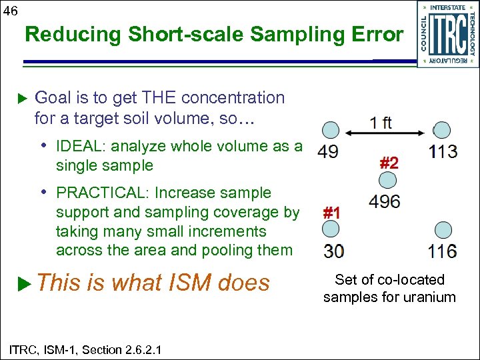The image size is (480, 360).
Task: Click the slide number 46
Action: coord(11,9)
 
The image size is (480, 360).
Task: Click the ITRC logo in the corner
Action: coord(448,33)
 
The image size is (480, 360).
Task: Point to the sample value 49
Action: coord(327,151)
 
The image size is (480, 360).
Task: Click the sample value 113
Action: coord(443,151)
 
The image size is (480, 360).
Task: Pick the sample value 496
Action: coord(384,201)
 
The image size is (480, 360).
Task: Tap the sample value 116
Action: coord(443,251)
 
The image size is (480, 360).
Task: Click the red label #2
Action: coord(389,162)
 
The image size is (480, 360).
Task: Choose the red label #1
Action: coord(331,213)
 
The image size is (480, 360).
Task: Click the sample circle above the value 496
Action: coord(387,180)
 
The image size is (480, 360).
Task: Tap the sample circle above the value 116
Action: coord(443,231)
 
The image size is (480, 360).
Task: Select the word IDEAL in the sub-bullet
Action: coord(79,147)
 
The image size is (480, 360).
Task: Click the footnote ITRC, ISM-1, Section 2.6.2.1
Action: coord(85,349)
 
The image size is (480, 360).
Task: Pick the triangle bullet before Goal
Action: coord(25,99)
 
